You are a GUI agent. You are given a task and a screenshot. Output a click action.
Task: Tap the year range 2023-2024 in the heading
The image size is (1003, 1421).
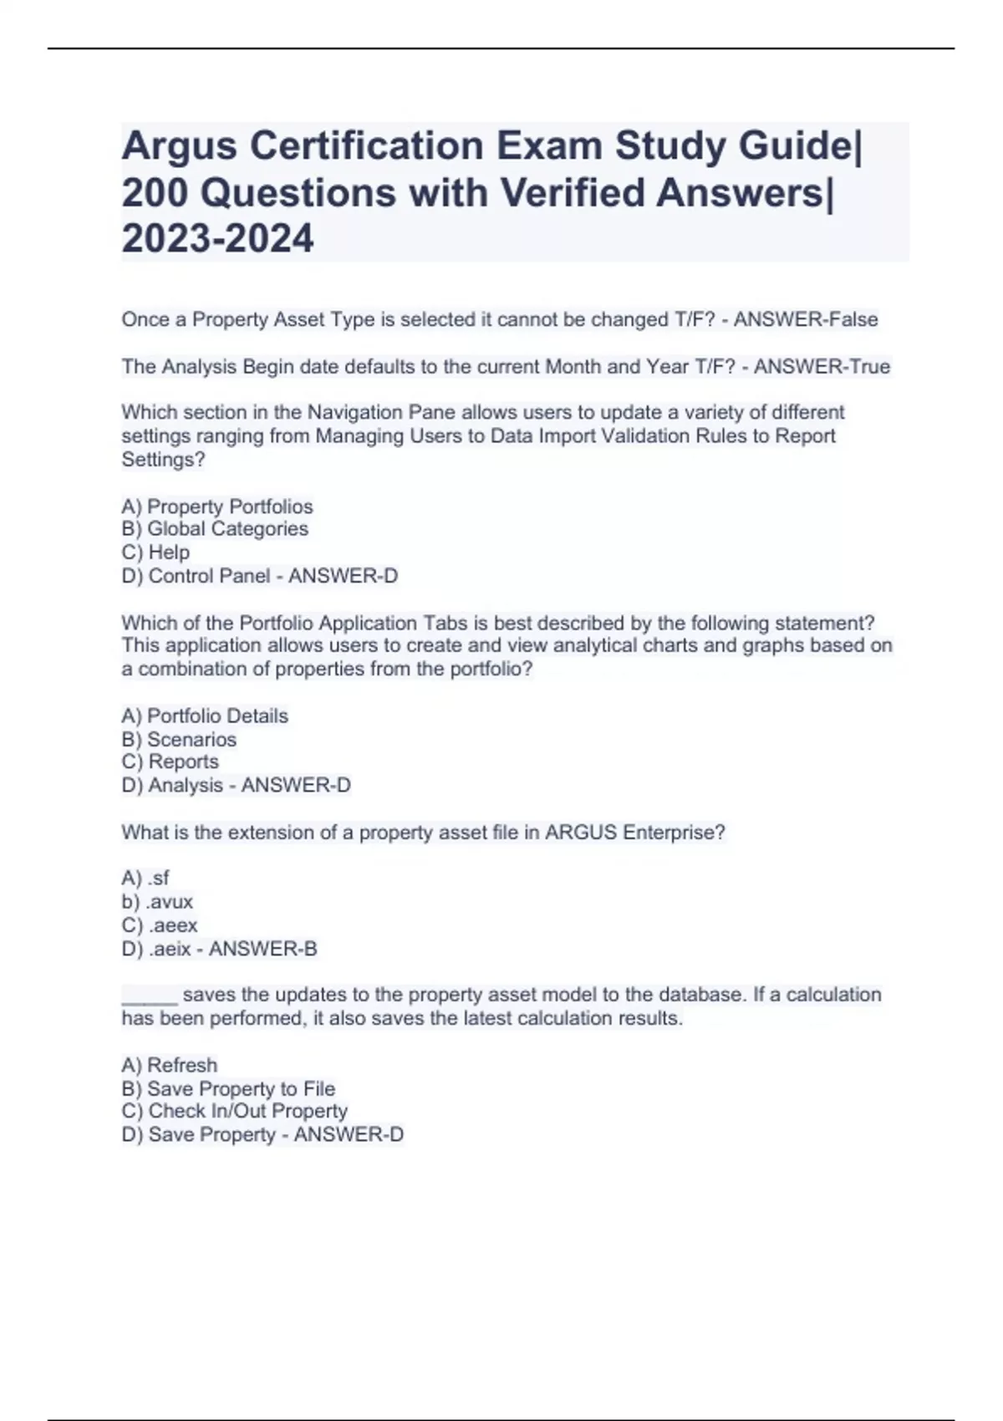217,238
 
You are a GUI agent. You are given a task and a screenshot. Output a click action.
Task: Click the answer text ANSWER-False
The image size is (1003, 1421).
806,319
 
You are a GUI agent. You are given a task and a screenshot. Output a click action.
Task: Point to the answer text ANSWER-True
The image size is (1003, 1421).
822,366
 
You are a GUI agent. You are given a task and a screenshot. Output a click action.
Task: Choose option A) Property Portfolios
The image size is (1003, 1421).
217,507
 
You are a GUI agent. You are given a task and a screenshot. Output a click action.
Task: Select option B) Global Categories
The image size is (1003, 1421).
215,528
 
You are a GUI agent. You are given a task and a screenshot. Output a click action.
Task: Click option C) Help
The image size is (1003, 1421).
155,552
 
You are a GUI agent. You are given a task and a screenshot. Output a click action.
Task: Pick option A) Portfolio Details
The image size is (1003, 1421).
205,716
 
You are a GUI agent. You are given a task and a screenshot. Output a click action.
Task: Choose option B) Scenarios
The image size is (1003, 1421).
179,739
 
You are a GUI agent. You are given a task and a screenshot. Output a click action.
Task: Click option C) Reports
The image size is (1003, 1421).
170,761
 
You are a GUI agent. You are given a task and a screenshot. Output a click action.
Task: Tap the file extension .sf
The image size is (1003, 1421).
158,878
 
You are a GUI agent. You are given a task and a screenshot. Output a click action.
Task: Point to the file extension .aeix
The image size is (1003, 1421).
171,949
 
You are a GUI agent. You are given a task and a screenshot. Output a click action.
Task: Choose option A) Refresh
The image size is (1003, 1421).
169,1065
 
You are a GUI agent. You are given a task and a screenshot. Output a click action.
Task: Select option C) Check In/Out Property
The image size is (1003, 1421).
234,1111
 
